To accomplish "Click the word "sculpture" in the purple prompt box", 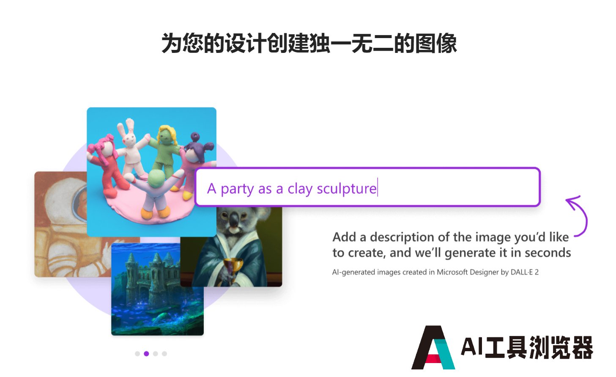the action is (347, 189).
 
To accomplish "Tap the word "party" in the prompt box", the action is (237, 190).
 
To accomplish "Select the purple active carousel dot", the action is (146, 354).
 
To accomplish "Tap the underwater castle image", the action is (157, 289).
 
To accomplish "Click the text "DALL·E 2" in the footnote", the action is (524, 272).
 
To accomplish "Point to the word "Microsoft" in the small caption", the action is (452, 272).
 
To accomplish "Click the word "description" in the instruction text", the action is (402, 237).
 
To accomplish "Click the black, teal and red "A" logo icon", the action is (433, 347).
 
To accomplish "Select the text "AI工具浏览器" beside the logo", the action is (527, 347).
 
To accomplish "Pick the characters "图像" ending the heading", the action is (436, 44).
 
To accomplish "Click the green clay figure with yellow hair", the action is (165, 150).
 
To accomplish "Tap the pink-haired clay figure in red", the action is (106, 165).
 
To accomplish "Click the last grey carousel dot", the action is (164, 354).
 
